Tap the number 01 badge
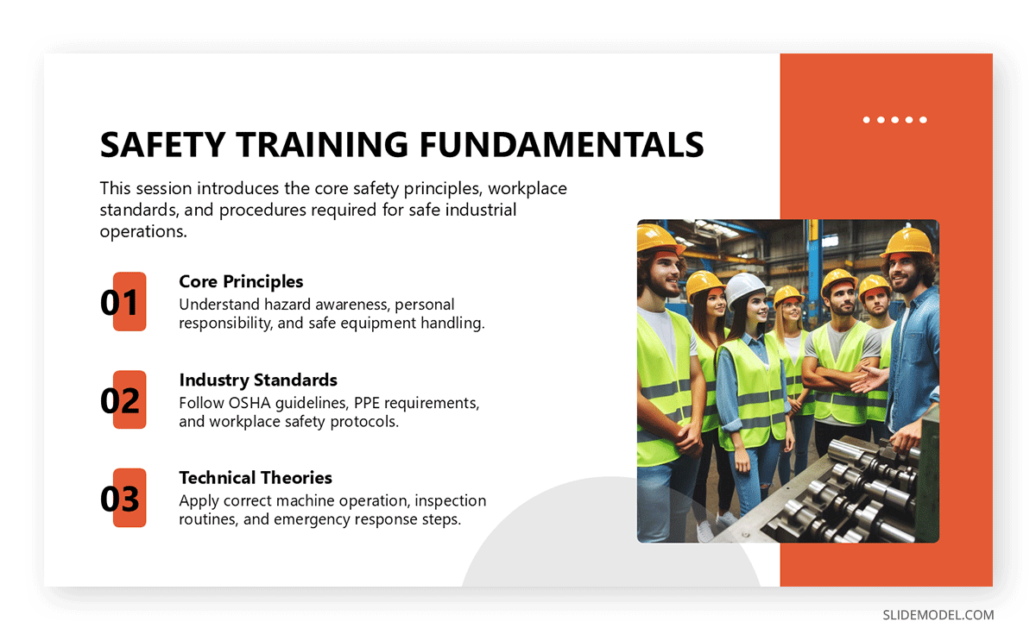pos(123,302)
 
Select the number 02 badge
pos(123,400)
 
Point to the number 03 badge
pos(123,499)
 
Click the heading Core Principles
pos(241,281)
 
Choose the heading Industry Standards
pos(257,380)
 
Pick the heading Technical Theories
pos(255,478)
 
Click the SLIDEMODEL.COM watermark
pos(938,615)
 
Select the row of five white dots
pos(894,120)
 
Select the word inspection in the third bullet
pos(444,500)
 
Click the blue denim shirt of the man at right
pos(915,362)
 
